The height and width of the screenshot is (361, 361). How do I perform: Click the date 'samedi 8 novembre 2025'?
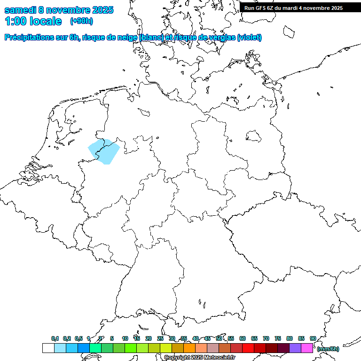coord(59,10)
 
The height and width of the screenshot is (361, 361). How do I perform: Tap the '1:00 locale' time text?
coord(33,21)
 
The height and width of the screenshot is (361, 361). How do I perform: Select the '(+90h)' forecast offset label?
coord(81,21)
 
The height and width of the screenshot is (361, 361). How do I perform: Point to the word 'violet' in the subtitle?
coord(249,37)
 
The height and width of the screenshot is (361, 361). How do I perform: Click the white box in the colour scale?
coord(48,348)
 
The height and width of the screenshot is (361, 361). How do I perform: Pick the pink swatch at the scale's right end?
coord(307,348)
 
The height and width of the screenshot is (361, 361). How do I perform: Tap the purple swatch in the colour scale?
coord(295,348)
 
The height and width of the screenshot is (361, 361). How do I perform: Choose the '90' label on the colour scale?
coord(313,338)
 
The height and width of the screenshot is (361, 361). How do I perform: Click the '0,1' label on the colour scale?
coord(55,338)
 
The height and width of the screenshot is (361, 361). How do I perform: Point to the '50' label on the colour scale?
coord(219,338)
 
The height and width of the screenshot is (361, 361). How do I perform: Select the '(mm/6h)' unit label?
coord(328,349)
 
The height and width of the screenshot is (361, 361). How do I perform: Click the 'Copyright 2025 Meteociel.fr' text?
coord(199,357)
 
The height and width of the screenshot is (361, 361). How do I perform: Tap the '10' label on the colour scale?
coord(125,338)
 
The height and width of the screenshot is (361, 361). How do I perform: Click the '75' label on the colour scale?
coord(278,338)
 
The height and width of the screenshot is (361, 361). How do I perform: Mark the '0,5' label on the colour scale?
coord(78,338)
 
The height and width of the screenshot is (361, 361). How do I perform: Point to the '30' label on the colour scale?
coord(172,338)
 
